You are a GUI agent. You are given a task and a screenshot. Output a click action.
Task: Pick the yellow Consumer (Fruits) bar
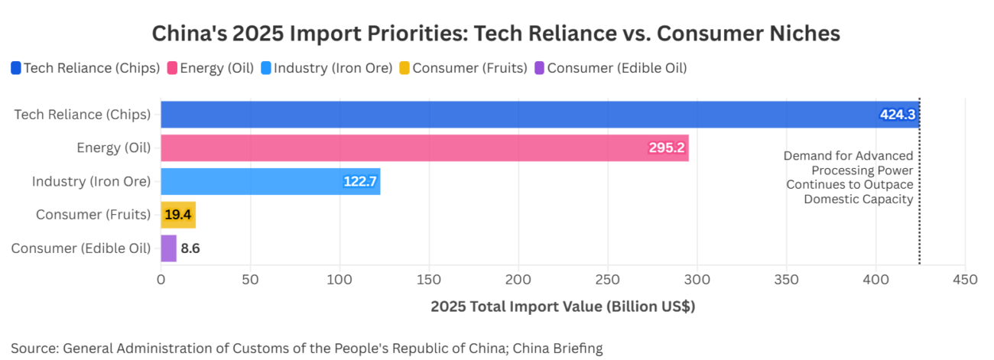[x=178, y=215]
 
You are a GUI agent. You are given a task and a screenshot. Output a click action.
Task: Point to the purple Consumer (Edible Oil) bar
[x=168, y=248]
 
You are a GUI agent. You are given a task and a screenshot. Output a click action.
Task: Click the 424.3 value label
[x=897, y=115]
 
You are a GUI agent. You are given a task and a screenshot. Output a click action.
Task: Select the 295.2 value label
[x=666, y=148]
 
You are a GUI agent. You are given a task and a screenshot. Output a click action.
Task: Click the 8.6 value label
[x=190, y=248]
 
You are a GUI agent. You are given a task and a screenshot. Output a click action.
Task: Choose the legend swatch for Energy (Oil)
[x=172, y=68]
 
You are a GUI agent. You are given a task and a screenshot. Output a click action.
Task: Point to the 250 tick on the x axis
[x=608, y=280]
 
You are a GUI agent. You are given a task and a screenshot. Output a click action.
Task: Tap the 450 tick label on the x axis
[x=965, y=280]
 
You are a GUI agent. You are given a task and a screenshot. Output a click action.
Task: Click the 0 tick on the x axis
[x=161, y=280]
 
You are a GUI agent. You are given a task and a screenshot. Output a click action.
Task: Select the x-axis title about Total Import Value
[x=562, y=307]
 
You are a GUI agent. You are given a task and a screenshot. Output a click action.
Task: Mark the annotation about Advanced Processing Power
[x=849, y=177]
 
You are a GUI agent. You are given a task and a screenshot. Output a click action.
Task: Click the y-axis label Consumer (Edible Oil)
[x=81, y=248]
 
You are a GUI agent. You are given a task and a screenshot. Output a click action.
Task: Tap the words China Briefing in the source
[x=557, y=349]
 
